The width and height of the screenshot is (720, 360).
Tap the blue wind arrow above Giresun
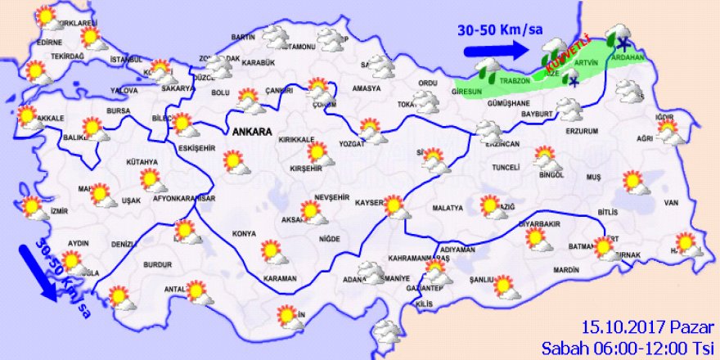(497, 50)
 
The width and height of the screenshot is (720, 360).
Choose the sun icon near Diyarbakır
(535, 237)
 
